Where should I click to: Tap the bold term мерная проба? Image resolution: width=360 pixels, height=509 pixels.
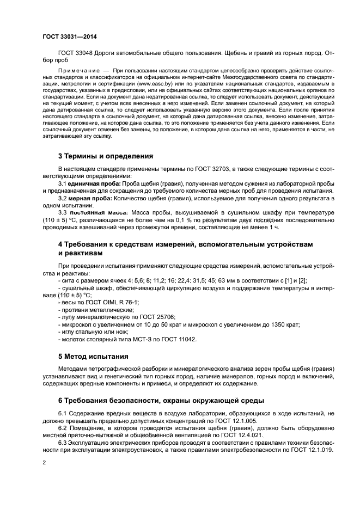(x=86, y=199)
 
